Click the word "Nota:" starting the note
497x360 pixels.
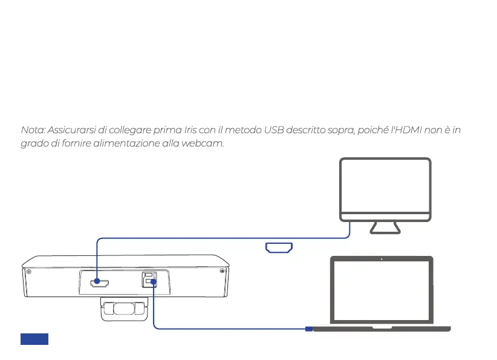[33, 130]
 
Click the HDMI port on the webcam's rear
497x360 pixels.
[97, 282]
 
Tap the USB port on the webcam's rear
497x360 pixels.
[148, 280]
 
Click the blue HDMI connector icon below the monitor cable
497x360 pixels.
[279, 247]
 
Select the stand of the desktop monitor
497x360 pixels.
[385, 227]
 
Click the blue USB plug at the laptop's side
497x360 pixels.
[308, 329]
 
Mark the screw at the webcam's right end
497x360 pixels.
[223, 270]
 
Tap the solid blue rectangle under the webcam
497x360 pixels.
[34, 339]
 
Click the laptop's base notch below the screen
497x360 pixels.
[382, 327]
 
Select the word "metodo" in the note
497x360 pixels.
[242, 130]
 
